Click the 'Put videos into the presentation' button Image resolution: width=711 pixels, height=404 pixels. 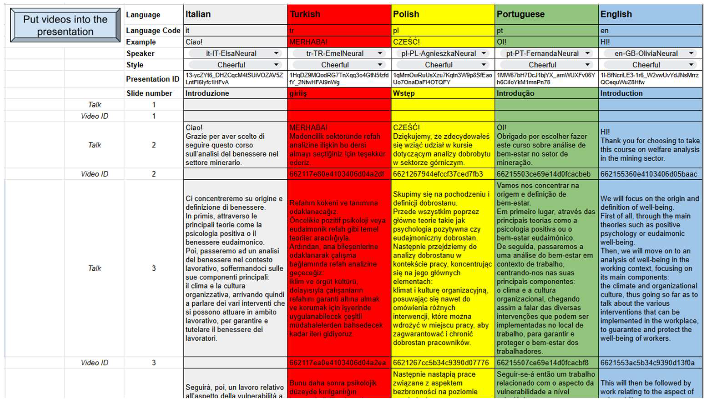65,25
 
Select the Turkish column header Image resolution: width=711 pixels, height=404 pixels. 339,14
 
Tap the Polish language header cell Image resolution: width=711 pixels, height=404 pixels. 443,14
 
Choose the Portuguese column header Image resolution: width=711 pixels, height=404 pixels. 546,14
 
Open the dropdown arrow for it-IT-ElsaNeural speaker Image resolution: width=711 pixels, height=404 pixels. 276,53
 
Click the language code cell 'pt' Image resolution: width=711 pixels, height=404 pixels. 546,30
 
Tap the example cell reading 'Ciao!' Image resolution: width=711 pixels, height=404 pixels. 235,42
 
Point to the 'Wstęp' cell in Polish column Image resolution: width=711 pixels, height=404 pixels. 443,93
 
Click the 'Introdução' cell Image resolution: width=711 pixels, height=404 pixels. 546,93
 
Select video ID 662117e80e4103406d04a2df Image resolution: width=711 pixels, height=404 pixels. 337,174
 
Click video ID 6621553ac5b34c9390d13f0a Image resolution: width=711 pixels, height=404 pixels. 647,363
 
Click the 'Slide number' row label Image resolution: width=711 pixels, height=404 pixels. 149,93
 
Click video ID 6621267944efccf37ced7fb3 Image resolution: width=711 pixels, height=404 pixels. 438,174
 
